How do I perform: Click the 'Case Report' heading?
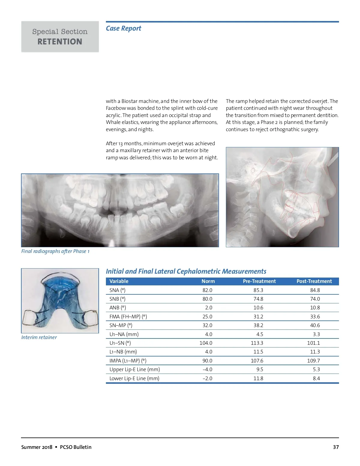[123, 29]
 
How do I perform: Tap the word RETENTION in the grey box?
[60, 42]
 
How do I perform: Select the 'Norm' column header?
[208, 281]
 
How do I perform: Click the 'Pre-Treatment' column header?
[259, 281]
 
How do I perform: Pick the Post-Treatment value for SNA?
[315, 290]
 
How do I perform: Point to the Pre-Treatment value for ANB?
[258, 308]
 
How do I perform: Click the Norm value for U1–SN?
[206, 343]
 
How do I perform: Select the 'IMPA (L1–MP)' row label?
[128, 361]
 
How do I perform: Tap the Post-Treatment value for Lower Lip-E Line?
[316, 378]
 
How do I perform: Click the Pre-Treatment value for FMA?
[258, 317]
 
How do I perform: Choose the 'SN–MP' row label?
[121, 325]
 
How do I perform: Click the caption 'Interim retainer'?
[39, 337]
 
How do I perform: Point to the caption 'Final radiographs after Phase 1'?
[55, 251]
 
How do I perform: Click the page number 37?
[336, 447]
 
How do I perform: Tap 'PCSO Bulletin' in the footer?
[76, 447]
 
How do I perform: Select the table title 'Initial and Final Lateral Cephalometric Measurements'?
[186, 271]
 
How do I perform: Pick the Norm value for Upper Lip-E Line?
[207, 369]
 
